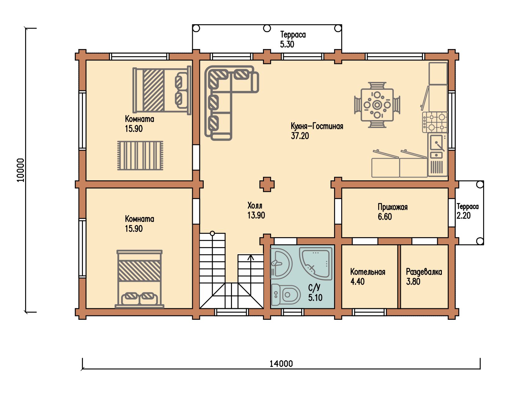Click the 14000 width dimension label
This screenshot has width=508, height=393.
pos(281,364)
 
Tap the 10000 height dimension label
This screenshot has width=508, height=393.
pos(21,170)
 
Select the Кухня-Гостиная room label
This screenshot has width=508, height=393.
pos(317,126)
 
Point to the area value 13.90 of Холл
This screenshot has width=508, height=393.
pos(256,215)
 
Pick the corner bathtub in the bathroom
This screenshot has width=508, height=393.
pos(315,263)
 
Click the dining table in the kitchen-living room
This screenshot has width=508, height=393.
pos(377,105)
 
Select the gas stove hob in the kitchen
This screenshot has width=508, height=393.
pos(435,122)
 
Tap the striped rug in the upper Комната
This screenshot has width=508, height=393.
pos(140,156)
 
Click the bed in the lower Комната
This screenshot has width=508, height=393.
pos(139,279)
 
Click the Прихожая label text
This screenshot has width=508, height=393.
pos(393,207)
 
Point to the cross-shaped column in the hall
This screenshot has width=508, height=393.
pos(267,184)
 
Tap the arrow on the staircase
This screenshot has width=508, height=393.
pos(251,269)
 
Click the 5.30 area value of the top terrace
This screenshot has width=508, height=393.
pos(287,44)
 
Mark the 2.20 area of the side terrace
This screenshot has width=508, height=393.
pos(464,215)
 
